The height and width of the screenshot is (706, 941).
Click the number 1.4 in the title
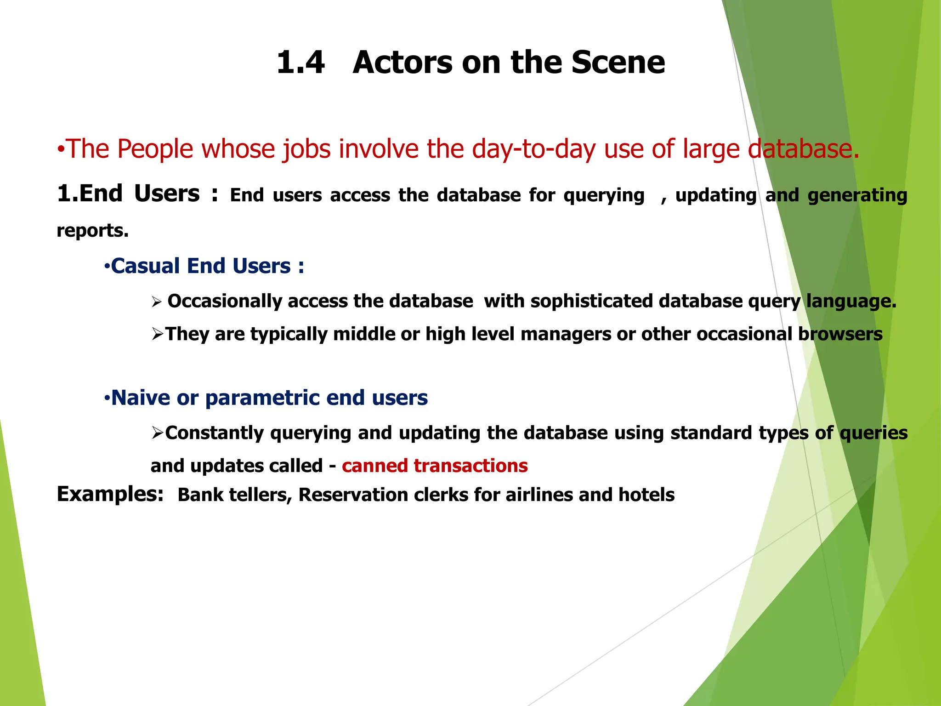click(x=301, y=63)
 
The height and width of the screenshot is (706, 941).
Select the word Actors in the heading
click(x=402, y=63)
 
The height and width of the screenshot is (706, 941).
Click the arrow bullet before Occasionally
click(x=157, y=302)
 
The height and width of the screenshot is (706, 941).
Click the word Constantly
click(x=215, y=433)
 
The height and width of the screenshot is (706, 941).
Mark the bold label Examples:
click(x=110, y=494)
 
